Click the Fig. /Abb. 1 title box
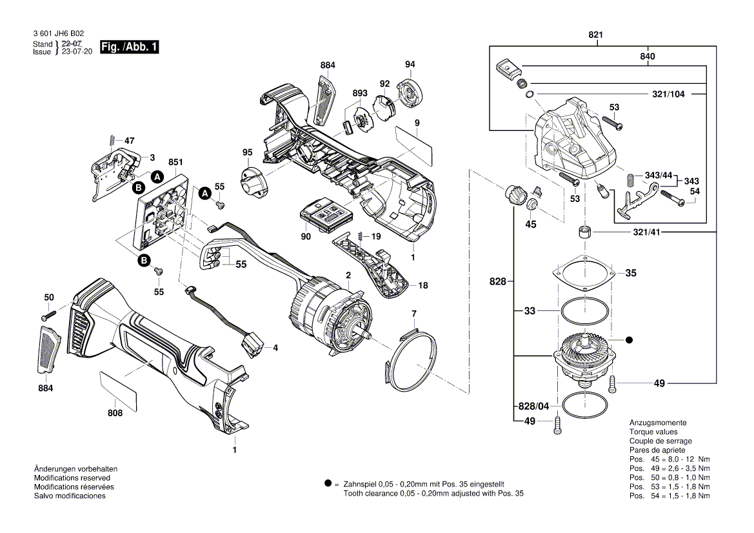(129, 47)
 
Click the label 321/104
(668, 94)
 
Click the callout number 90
(306, 237)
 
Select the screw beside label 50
(49, 317)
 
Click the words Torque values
(653, 432)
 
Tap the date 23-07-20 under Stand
(77, 52)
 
